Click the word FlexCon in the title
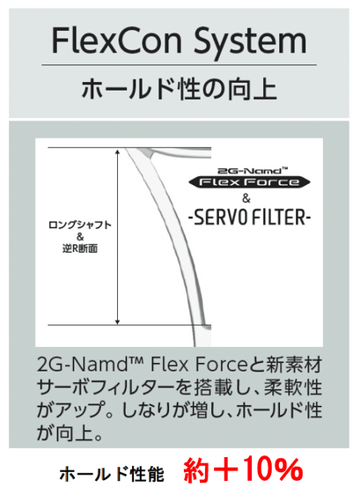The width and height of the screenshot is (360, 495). (x=117, y=41)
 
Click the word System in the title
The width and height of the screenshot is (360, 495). (x=250, y=42)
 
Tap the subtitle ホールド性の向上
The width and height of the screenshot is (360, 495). (x=179, y=90)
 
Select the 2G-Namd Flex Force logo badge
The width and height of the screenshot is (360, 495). (x=249, y=179)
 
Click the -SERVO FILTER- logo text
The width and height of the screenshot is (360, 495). (x=250, y=218)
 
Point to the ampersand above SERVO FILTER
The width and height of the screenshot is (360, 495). (x=246, y=198)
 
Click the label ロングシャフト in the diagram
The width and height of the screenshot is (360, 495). (x=80, y=225)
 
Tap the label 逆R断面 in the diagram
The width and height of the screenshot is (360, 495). (x=80, y=249)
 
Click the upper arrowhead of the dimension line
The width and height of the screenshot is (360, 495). (x=117, y=151)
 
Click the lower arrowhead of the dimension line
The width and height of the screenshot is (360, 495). (x=117, y=321)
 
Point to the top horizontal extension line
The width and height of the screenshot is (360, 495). (x=129, y=147)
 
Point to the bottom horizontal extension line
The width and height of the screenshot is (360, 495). (x=129, y=325)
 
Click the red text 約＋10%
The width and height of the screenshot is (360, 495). (x=243, y=469)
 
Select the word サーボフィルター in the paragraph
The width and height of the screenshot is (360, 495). (x=105, y=388)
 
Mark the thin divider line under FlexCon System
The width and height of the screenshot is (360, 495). (x=179, y=65)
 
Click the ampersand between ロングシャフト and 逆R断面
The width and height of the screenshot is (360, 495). (x=80, y=237)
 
